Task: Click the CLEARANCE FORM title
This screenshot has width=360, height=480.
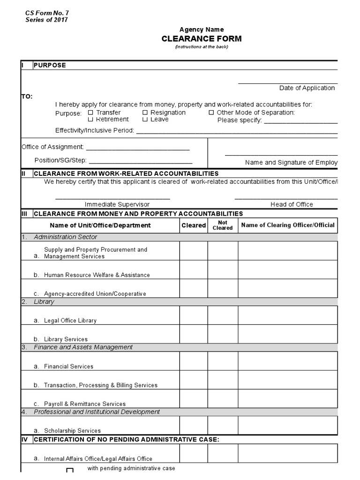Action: pos(202,38)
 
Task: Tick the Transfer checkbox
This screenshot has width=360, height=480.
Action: pos(90,112)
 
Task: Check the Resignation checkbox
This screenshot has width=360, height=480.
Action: pos(145,112)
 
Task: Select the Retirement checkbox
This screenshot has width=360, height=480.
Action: pos(90,120)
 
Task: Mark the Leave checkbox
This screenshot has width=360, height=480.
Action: pos(145,120)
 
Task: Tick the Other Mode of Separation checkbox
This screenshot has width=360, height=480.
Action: pos(211,112)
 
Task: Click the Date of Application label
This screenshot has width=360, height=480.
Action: pos(307,88)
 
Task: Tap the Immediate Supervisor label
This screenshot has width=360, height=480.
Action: pos(117,204)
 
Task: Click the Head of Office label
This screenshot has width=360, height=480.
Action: pos(292,204)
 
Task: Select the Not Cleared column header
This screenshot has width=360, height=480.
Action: pos(223,225)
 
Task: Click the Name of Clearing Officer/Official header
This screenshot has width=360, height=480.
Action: pos(288,225)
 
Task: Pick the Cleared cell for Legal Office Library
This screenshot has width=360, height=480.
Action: pos(194,315)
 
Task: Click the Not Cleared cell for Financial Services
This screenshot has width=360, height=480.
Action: pos(223,361)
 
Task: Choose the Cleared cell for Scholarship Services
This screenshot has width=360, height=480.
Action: pos(194,425)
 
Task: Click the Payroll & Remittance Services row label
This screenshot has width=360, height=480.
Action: pos(85,404)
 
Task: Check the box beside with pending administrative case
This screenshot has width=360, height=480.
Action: pos(70,471)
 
